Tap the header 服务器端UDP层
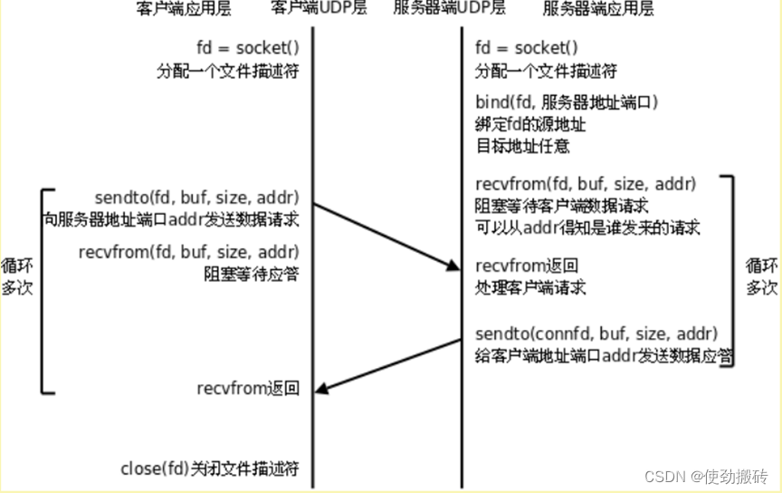(x=449, y=10)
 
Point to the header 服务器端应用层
(x=598, y=10)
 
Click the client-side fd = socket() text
(x=247, y=47)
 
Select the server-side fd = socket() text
(x=526, y=47)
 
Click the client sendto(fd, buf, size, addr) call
(x=196, y=198)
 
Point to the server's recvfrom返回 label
(x=527, y=266)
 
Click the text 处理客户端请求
(x=530, y=288)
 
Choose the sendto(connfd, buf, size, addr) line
(x=596, y=332)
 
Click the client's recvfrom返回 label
(x=247, y=389)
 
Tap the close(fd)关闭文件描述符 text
(x=209, y=469)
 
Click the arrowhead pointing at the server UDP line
(x=453, y=266)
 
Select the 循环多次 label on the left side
(x=16, y=277)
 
